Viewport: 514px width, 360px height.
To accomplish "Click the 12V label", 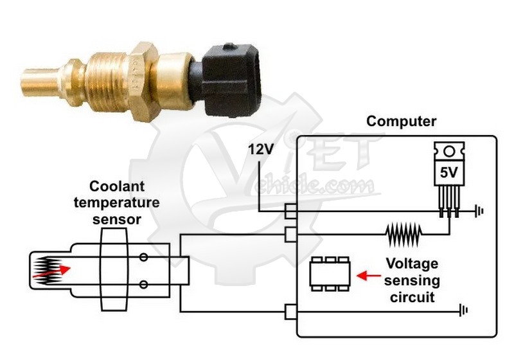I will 261,149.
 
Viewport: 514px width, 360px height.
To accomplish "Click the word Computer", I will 401,121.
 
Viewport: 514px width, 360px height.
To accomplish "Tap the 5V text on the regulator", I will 448,173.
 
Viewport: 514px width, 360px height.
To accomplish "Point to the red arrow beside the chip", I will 368,275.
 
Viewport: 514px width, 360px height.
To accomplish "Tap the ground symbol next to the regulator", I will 478,210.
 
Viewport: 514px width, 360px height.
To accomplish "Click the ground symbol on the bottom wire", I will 463,312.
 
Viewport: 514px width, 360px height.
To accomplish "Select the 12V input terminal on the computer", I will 290,211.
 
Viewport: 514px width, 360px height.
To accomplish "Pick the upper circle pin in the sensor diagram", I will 144,258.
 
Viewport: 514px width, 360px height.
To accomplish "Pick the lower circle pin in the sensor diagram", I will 144,283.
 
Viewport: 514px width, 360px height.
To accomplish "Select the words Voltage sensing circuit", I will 412,280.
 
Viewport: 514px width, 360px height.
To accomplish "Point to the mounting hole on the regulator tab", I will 449,152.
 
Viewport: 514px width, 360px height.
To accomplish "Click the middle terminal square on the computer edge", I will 290,235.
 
